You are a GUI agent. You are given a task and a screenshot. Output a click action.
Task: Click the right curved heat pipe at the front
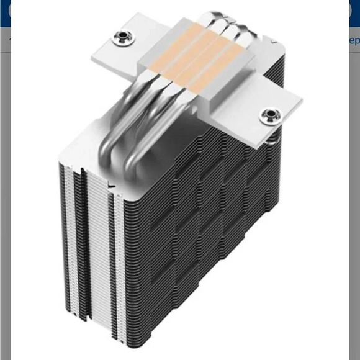(x=140, y=146)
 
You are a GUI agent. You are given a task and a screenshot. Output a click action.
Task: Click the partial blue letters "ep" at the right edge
(x=354, y=41)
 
